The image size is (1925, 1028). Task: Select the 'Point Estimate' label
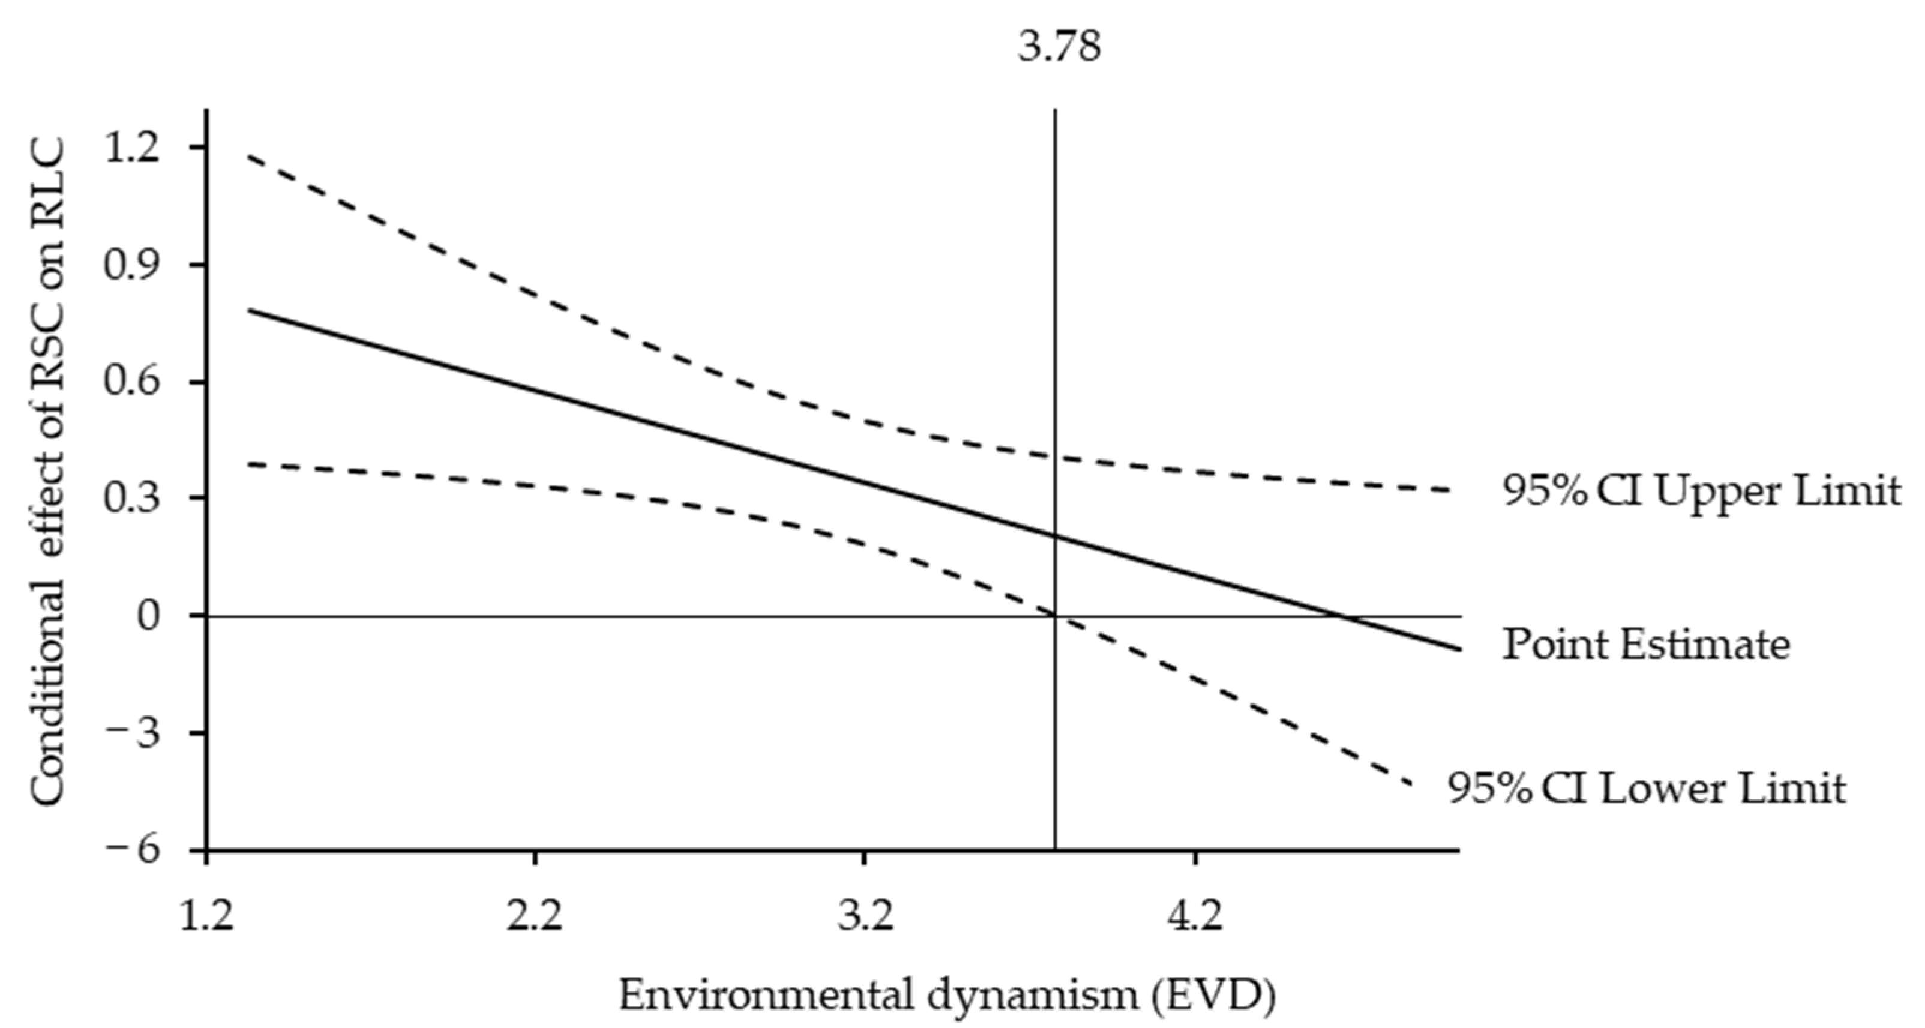1646,645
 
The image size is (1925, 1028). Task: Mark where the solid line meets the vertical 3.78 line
1055,535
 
